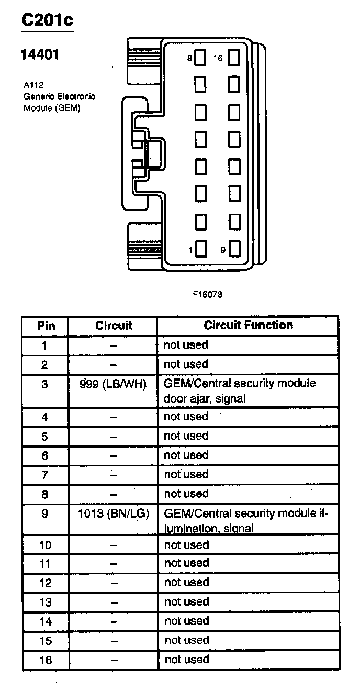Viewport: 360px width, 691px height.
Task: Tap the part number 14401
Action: coord(40,54)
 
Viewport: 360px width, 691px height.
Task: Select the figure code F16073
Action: coord(207,294)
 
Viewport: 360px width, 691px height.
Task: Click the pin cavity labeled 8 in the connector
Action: coord(201,58)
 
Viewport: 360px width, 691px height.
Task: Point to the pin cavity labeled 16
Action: coord(234,58)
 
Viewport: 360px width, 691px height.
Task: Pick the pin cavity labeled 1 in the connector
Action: coord(201,250)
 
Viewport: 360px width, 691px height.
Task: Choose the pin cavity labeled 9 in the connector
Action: coord(234,250)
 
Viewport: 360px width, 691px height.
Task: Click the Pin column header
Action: coord(46,326)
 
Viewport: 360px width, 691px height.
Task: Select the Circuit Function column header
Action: coord(248,326)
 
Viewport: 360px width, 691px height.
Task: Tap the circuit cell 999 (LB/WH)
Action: coord(113,384)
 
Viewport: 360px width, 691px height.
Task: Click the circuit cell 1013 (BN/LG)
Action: coord(113,514)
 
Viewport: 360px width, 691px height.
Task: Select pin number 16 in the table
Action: coord(46,660)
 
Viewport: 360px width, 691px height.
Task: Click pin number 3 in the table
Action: coord(45,384)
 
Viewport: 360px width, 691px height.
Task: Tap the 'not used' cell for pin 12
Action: coord(186,583)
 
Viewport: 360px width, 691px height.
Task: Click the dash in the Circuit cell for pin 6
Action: coord(114,456)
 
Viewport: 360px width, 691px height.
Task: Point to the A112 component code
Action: coord(33,85)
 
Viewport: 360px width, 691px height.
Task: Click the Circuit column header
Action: coord(114,326)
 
